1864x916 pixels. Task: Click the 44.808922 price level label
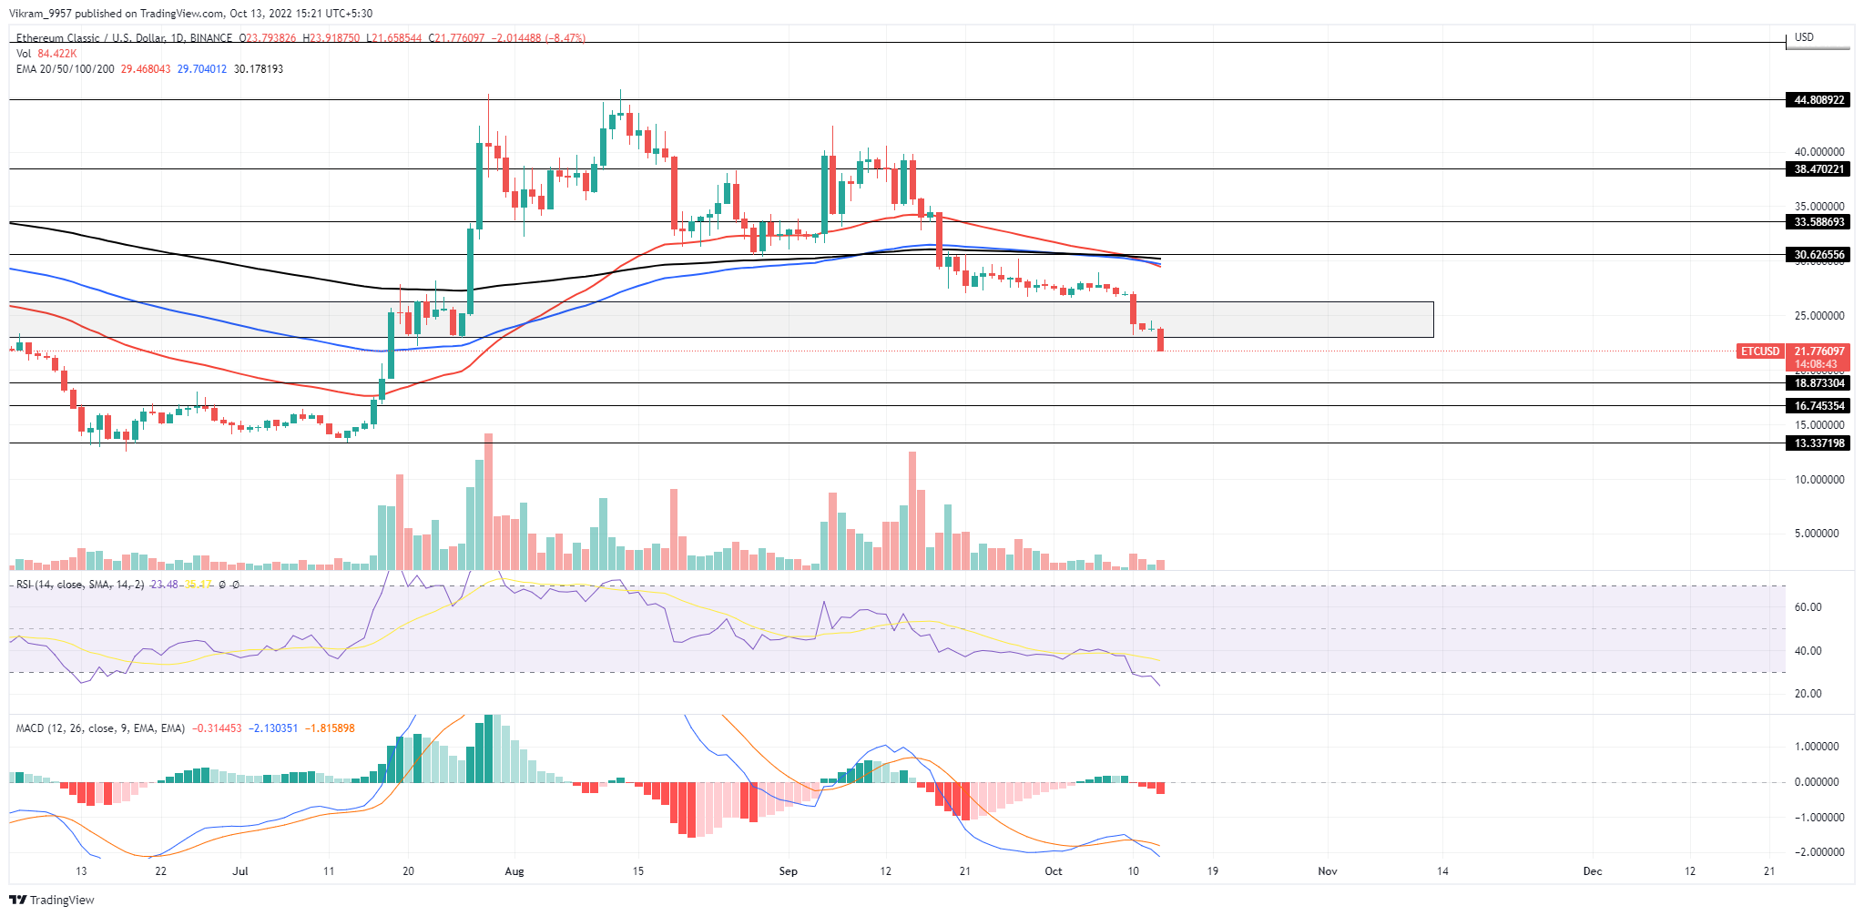coord(1818,100)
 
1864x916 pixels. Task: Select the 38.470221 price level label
coord(1818,169)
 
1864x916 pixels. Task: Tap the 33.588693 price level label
coord(1818,222)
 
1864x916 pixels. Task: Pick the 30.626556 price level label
coord(1818,255)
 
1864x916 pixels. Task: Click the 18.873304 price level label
coord(1818,383)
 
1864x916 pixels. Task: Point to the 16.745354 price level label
coord(1818,406)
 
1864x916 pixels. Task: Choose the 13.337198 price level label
coord(1818,443)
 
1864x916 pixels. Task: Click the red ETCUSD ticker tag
coord(1759,351)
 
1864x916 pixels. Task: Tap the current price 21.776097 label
coord(1818,351)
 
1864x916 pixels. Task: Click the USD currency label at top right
coord(1804,37)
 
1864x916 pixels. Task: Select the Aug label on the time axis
coord(514,871)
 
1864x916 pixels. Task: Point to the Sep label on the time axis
coord(788,871)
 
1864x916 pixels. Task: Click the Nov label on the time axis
coord(1328,871)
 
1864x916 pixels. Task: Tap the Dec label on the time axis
coord(1592,871)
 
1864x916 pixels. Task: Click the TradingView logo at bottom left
coord(52,900)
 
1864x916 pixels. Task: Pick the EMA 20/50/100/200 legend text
coord(66,69)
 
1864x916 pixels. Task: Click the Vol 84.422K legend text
coord(46,54)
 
